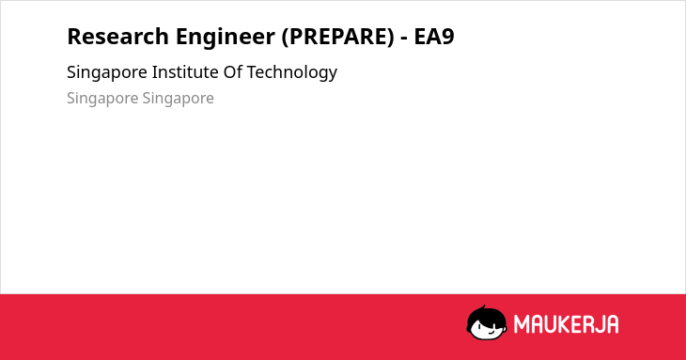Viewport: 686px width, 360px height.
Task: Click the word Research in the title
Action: pos(117,37)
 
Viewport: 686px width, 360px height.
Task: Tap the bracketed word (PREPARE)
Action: pos(337,37)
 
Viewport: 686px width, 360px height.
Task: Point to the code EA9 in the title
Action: pos(434,37)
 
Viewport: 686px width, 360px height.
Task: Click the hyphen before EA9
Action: pos(404,39)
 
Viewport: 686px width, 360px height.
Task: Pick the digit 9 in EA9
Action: pos(448,37)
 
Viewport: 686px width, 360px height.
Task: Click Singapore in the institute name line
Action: pos(107,72)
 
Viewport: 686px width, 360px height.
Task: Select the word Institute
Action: pos(184,71)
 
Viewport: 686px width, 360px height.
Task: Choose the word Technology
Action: pos(292,72)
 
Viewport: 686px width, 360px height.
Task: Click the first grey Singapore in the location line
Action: pos(102,99)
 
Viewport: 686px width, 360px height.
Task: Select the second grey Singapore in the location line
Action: pos(178,99)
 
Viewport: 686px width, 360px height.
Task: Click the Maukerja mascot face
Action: pos(487,322)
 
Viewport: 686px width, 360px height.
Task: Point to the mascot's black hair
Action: pos(486,315)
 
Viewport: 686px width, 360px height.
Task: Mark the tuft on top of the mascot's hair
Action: pos(483,307)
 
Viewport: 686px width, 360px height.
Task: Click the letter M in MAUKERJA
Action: pos(522,324)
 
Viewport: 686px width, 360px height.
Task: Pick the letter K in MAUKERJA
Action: pos(565,324)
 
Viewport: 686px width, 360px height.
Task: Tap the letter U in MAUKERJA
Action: pos(551,324)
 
